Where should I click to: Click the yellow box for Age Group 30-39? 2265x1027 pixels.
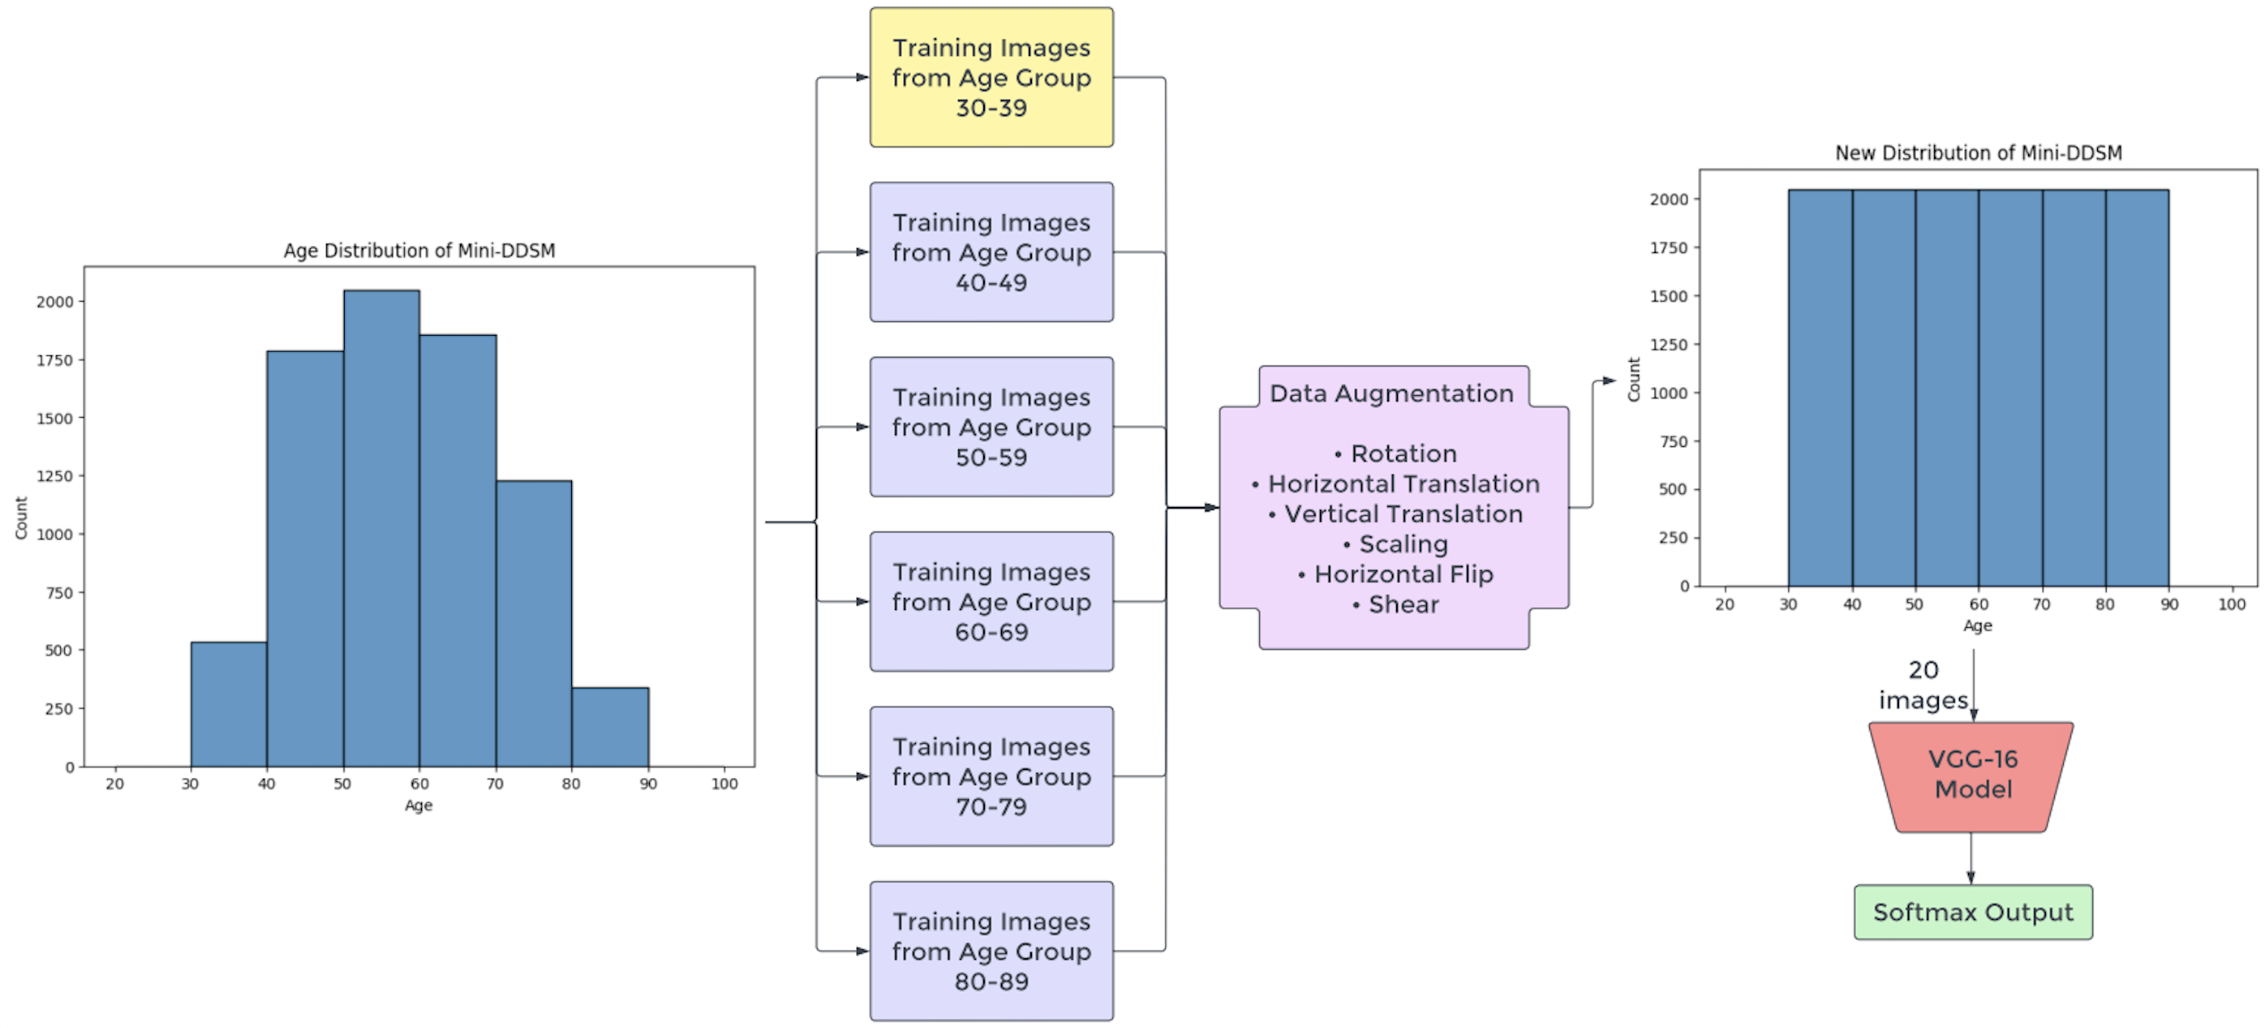coord(991,77)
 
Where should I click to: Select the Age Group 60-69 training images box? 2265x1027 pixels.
coord(991,601)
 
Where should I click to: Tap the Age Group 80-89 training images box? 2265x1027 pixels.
coord(991,951)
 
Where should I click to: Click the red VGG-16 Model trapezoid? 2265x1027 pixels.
coord(1972,775)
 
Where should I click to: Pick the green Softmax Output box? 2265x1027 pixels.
coord(1972,912)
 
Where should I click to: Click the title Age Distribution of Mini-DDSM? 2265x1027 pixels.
coord(419,251)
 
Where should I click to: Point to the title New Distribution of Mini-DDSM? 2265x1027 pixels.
coord(1978,153)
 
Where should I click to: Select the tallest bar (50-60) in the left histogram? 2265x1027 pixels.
coord(380,527)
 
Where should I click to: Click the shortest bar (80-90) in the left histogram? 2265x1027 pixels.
coord(609,727)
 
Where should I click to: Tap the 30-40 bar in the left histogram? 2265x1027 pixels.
coord(229,703)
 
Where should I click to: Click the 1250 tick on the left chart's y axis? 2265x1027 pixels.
coord(54,476)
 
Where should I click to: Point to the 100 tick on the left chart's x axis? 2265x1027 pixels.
coord(724,784)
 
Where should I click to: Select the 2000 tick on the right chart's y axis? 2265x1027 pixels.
coord(1668,200)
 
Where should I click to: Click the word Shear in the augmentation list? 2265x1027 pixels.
coord(1403,604)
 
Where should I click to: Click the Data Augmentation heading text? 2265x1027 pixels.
coord(1391,393)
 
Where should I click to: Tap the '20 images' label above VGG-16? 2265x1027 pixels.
coord(1923,685)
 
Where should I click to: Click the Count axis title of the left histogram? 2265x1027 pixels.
coord(21,518)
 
